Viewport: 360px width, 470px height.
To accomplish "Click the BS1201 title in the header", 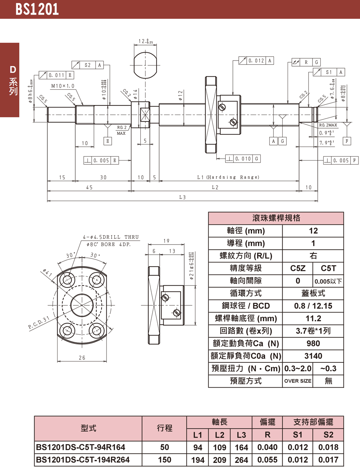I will point(37,9).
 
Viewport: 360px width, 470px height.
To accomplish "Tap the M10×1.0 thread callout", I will point(63,86).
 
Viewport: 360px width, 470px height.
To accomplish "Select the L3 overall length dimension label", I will point(183,197).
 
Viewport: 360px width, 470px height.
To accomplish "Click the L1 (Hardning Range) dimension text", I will point(228,177).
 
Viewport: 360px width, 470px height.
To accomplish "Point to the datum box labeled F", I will point(347,141).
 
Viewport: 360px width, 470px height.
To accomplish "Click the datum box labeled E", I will point(107,141).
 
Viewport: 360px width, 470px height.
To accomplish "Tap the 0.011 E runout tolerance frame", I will point(57,75).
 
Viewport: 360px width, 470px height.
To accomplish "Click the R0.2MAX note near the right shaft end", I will point(328,125).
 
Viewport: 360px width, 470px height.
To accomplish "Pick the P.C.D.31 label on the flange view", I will point(39,323).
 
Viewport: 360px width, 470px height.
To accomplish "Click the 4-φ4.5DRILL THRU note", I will point(111,237).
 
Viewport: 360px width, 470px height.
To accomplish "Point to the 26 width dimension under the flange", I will point(82,358).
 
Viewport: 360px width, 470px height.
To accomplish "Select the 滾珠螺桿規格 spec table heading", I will point(276,218).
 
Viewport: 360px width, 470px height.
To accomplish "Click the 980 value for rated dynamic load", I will point(313,344).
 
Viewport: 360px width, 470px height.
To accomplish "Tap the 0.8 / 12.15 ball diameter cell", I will point(313,306).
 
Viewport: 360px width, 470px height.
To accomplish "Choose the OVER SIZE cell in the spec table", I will point(298,381).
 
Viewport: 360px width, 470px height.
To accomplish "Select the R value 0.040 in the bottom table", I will point(267,447).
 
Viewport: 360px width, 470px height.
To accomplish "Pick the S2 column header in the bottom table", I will point(328,435).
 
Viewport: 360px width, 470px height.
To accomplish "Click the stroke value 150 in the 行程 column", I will point(165,460).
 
